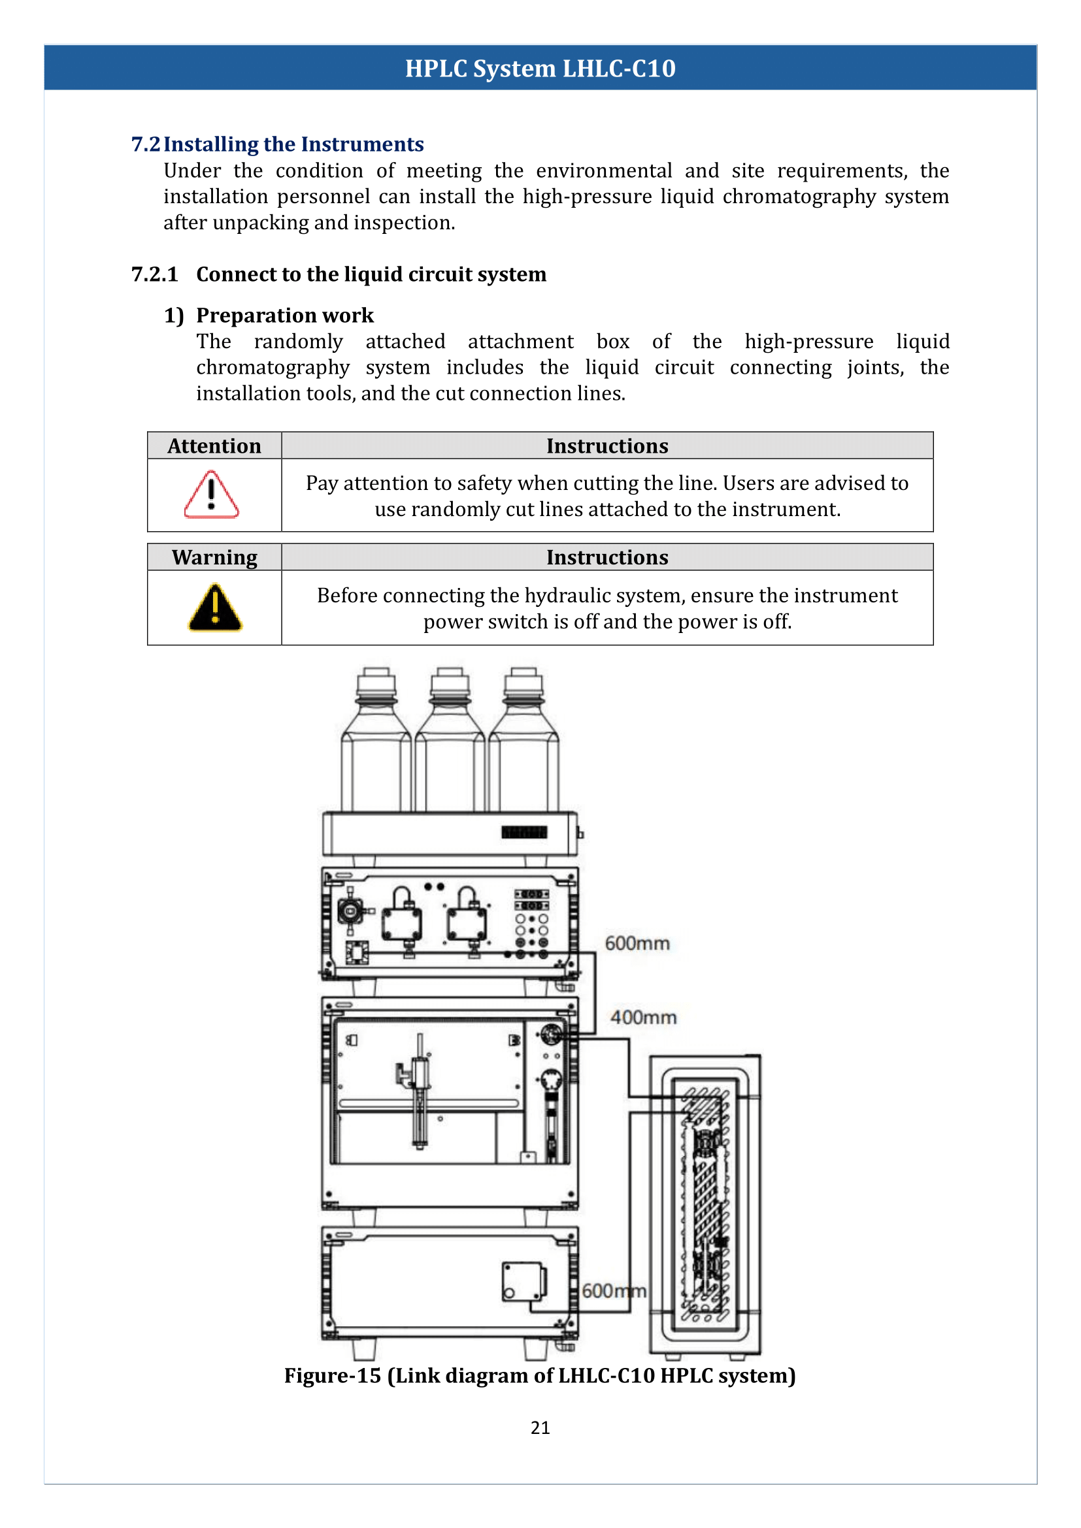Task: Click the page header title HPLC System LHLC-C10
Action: point(540,68)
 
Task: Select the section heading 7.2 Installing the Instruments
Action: point(277,144)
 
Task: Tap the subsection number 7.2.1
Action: point(154,274)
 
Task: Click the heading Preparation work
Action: point(284,315)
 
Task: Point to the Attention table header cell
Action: point(214,446)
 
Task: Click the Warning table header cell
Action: point(214,557)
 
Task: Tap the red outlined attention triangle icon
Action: point(211,495)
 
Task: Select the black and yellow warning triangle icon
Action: point(214,608)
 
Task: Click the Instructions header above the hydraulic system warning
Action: point(607,557)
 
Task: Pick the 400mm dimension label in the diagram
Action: point(643,1018)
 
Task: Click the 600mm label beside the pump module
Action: point(637,943)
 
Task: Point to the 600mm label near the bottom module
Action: point(613,1291)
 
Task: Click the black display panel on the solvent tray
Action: point(524,832)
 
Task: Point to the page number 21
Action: point(540,1427)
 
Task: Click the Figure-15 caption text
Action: point(540,1376)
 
